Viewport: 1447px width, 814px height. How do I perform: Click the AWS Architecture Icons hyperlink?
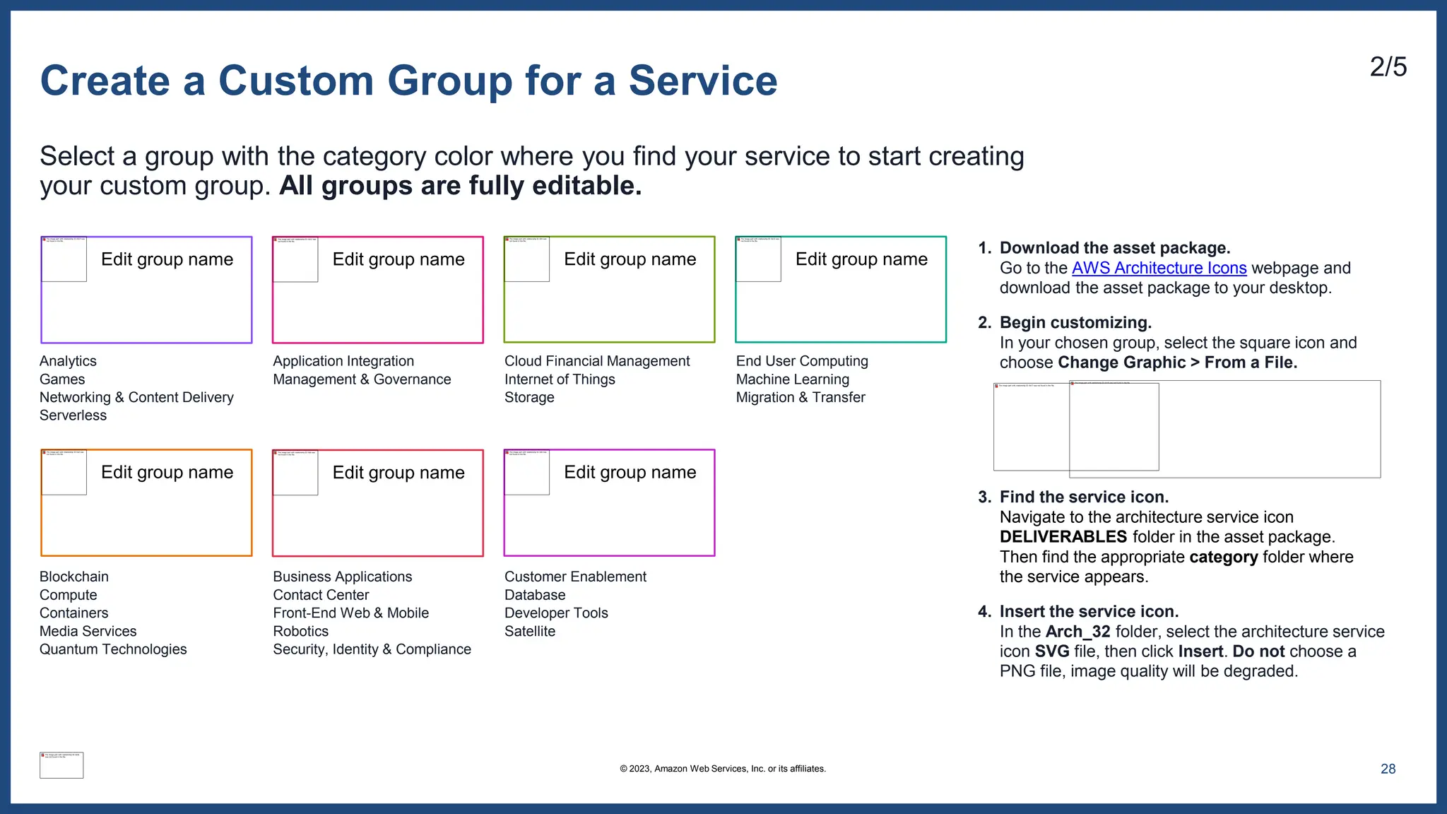coord(1159,269)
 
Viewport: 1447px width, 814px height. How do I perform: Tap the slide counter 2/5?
coord(1388,68)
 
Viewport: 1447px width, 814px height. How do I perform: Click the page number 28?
coord(1388,769)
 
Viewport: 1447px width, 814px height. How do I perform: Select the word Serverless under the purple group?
coord(73,415)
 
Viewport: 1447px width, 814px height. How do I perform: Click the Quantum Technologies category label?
coord(113,649)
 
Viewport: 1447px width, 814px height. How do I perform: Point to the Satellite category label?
coord(530,632)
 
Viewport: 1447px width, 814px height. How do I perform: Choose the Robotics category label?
coord(301,632)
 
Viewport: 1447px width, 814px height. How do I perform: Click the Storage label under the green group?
coord(529,398)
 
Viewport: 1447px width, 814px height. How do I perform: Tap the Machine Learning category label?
coord(792,379)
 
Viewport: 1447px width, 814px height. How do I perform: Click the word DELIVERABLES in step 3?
coord(1063,537)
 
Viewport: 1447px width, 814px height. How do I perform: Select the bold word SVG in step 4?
coord(1052,651)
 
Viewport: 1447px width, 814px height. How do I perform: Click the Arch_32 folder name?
coord(1077,632)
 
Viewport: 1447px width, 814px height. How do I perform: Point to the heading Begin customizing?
coord(1075,323)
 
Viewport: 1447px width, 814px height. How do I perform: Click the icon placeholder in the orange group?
coord(64,472)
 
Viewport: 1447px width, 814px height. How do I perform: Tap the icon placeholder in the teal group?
coord(759,259)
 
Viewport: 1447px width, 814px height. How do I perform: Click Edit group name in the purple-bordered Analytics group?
coord(167,259)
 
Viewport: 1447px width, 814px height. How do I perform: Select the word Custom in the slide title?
coord(295,81)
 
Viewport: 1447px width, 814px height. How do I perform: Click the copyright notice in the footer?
coord(723,769)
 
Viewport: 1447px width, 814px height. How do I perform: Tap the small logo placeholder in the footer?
coord(61,765)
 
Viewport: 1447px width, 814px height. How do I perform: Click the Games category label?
coord(62,379)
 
